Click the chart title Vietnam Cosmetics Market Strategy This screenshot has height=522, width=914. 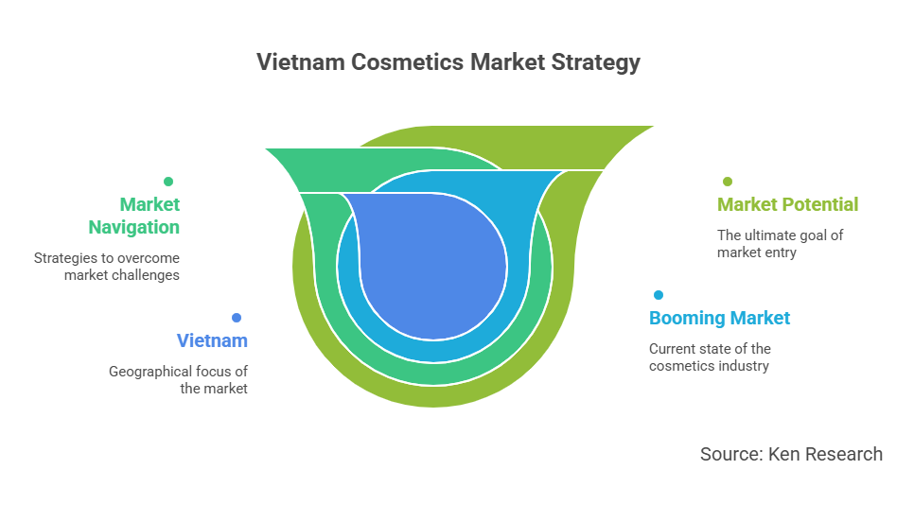point(448,62)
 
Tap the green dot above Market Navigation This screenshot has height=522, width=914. point(168,182)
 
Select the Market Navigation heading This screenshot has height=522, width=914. point(134,216)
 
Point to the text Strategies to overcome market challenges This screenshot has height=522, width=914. point(107,267)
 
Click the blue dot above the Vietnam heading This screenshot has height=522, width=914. point(237,318)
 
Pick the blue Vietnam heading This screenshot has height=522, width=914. point(212,340)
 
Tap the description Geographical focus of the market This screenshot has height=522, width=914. point(179,380)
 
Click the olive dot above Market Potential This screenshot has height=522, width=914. point(728,182)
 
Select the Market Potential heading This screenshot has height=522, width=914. point(787,204)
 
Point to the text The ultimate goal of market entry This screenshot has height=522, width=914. point(780,244)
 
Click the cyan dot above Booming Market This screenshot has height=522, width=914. point(659,295)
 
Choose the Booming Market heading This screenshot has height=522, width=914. point(719,318)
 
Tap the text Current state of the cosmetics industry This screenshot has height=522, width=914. point(710,357)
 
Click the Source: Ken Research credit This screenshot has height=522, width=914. point(791,454)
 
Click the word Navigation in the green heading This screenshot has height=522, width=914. point(134,227)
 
